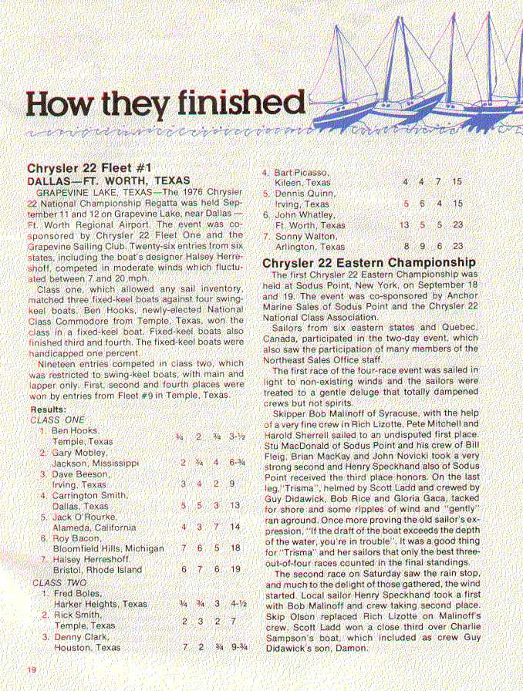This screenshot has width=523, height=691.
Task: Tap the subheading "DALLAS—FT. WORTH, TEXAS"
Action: click(109, 180)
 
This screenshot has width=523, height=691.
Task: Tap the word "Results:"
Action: click(48, 409)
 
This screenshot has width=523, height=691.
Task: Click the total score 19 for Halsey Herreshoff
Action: click(235, 570)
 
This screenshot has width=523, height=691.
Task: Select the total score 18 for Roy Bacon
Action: click(235, 548)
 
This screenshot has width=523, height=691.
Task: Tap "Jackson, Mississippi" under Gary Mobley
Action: click(96, 463)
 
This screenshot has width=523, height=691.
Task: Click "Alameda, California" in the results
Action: click(95, 528)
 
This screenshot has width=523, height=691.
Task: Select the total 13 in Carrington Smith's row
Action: click(235, 506)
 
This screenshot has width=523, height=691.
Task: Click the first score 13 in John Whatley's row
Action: click(404, 225)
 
